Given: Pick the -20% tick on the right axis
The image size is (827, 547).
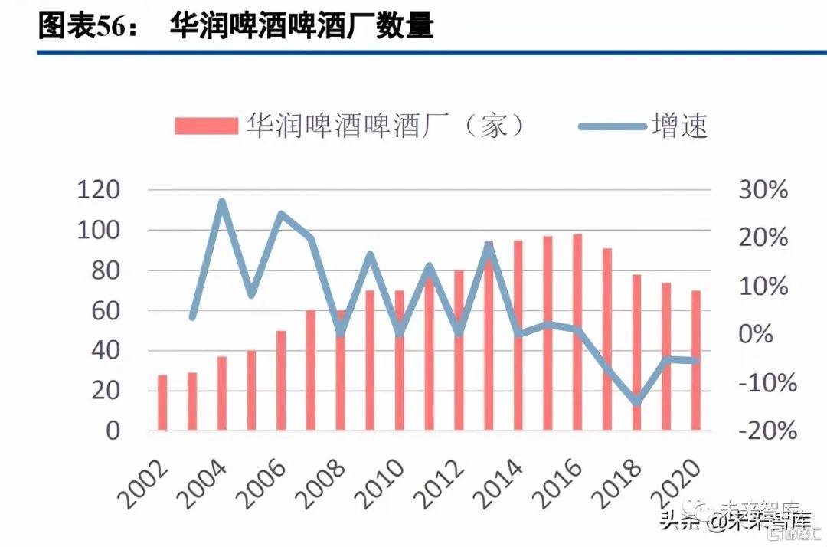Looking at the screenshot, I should [x=767, y=431].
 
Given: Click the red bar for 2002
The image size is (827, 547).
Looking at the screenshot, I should [x=162, y=402].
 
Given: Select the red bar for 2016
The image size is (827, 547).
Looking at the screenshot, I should [x=577, y=332].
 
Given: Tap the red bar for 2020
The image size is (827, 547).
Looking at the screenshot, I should [x=695, y=360].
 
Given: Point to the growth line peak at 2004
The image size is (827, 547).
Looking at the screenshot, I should [x=222, y=203].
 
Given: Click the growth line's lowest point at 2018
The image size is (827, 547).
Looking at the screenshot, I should [x=636, y=401].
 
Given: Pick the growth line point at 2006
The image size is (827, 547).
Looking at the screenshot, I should [x=281, y=215].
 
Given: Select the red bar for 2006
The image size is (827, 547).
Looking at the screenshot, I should [x=281, y=381].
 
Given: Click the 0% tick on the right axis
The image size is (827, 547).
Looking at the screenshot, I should [x=756, y=334].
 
